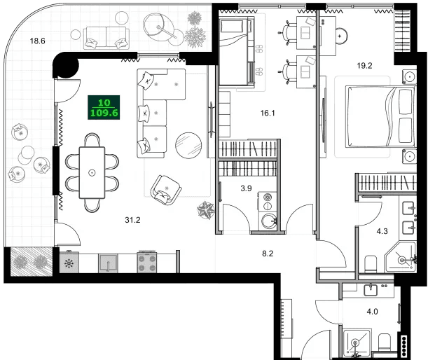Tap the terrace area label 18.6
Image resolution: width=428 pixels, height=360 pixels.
tap(37, 41)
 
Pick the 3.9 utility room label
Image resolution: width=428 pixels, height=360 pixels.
tap(247, 188)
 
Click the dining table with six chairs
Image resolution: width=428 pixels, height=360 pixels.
tap(92, 172)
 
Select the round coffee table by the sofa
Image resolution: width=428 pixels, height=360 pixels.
tap(188, 146)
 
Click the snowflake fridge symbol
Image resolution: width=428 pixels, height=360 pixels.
tap(69, 263)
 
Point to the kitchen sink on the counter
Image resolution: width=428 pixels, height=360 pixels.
tap(109, 263)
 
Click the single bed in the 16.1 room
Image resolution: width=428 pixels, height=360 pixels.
tap(234, 52)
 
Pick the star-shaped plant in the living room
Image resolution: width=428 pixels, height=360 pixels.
tap(206, 209)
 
